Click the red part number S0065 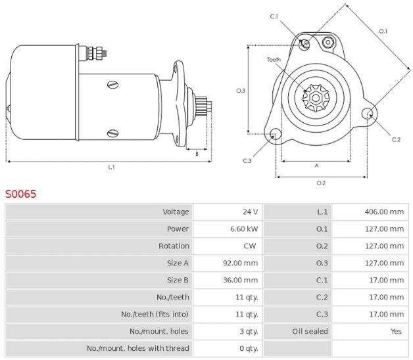coord(21,194)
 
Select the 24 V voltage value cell coord(251,212)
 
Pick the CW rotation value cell coord(250,246)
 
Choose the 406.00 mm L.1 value coord(384,212)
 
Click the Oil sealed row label coord(310,331)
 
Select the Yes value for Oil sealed coord(396,331)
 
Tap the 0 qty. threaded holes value coord(248,348)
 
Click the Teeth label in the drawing coord(274,60)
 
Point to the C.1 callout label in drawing coord(274,16)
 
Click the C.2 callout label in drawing coord(396,139)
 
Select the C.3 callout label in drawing coord(247,161)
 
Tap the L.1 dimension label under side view coord(111,168)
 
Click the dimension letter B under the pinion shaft coord(196,154)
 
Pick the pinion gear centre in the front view coord(316,99)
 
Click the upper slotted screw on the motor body coord(112,84)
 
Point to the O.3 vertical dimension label coord(241,91)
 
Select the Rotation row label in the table coord(174,246)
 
